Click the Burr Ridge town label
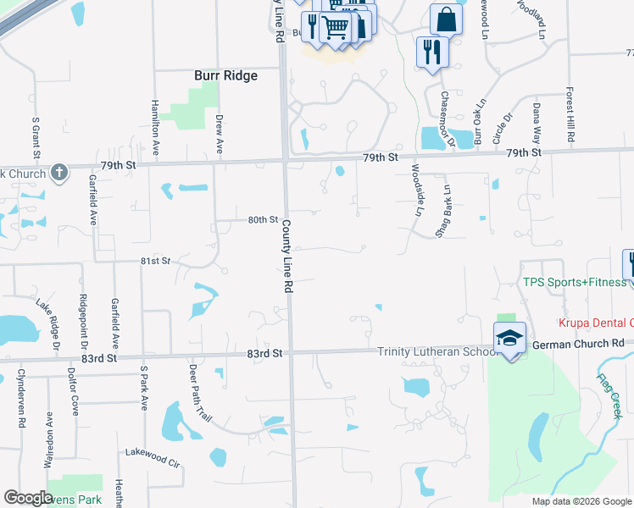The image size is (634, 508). click(225, 75)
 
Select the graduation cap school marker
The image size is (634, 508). click(509, 337)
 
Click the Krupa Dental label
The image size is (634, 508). click(594, 323)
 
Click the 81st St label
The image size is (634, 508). click(156, 261)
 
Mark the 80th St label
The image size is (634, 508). click(263, 219)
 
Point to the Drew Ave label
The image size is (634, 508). click(219, 134)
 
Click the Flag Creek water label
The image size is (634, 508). click(609, 396)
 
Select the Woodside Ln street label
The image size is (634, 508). click(416, 190)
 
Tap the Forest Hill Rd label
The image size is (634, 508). click(571, 114)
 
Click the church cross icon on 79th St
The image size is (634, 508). click(58, 173)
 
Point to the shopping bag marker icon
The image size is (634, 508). click(446, 19)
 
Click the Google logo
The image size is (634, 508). click(28, 498)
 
